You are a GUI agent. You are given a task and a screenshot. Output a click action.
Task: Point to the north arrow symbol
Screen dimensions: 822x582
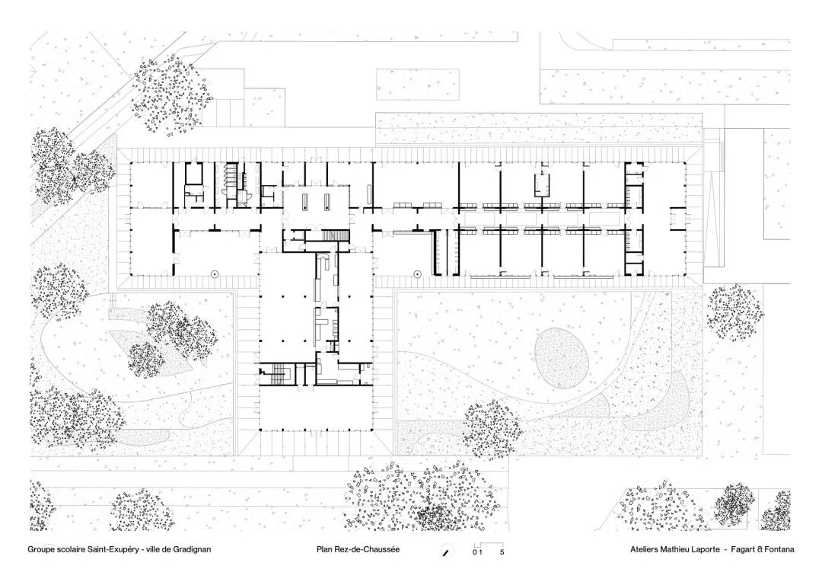click(x=447, y=551)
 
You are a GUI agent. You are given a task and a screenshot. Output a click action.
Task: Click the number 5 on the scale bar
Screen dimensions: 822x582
click(x=502, y=552)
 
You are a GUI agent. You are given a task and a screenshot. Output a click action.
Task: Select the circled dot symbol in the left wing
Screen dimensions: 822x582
click(x=215, y=273)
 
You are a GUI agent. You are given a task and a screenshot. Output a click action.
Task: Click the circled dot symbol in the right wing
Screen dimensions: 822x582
click(x=417, y=273)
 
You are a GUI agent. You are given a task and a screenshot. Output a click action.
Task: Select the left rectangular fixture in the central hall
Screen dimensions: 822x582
click(x=304, y=201)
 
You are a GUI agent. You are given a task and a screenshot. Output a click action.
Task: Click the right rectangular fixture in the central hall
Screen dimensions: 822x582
click(x=328, y=201)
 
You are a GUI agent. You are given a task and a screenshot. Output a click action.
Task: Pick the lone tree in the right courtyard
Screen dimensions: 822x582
click(x=492, y=430)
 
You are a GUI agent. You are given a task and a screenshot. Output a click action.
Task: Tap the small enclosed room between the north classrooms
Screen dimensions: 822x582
click(x=542, y=185)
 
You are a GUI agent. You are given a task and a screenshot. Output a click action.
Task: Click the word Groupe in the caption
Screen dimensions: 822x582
click(x=42, y=548)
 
